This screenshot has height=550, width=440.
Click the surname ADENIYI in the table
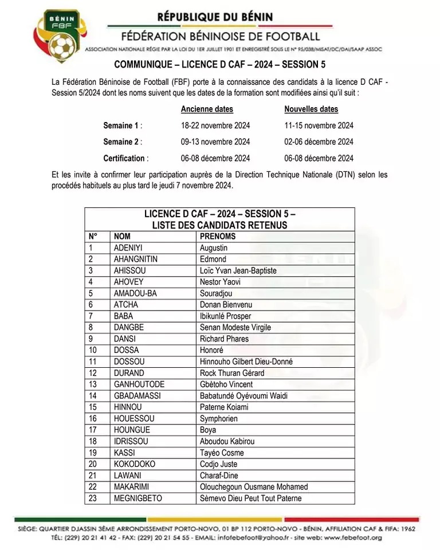pyautogui.click(x=128, y=247)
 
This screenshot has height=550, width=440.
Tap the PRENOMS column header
pyautogui.click(x=218, y=236)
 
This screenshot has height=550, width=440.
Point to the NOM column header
pyautogui.click(x=122, y=236)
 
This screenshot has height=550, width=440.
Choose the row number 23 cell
pyautogui.click(x=93, y=498)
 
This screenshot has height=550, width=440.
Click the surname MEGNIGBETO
pyautogui.click(x=137, y=498)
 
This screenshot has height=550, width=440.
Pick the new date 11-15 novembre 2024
pyautogui.click(x=319, y=125)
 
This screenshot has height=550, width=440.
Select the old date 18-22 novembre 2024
pyautogui.click(x=215, y=125)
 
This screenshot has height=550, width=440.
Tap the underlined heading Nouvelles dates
pyautogui.click(x=311, y=109)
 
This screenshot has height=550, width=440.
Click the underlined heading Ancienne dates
pyautogui.click(x=207, y=109)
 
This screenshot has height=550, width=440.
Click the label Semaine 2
pyautogui.click(x=123, y=142)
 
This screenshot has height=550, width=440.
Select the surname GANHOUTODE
pyautogui.click(x=139, y=384)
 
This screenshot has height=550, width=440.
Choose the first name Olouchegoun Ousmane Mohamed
pyautogui.click(x=254, y=487)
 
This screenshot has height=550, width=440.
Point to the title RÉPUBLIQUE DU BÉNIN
pyautogui.click(x=215, y=17)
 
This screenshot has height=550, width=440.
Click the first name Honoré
pyautogui.click(x=211, y=350)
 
